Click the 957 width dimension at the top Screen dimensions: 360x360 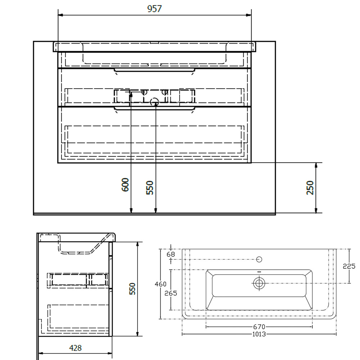coord(154,9)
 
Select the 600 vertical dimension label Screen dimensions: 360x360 coord(125,185)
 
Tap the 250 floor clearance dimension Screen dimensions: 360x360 coord(310,188)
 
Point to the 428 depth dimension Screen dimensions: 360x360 coord(75,348)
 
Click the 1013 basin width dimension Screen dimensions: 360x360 coord(259,334)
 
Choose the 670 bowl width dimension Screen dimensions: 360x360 coord(259,327)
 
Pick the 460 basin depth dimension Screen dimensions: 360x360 coord(160,284)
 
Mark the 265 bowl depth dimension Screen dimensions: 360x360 coord(171,293)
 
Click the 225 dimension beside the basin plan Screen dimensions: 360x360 coord(349,266)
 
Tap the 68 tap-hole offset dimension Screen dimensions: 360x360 coord(171,254)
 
